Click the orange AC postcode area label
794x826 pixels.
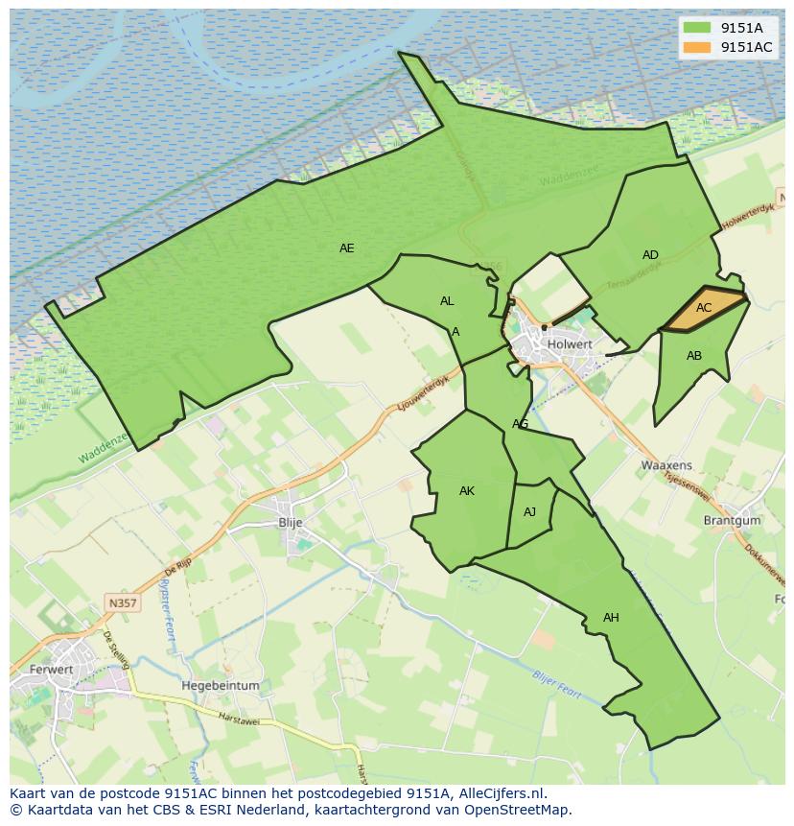(x=704, y=308)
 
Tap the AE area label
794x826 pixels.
(x=347, y=248)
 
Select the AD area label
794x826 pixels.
(x=650, y=255)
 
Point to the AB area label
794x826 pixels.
(x=694, y=356)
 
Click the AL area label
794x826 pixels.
(x=447, y=301)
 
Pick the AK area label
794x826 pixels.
(x=467, y=491)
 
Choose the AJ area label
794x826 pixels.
(x=529, y=512)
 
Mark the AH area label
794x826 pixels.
(x=611, y=618)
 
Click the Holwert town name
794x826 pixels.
(x=570, y=343)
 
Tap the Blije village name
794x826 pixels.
(x=290, y=522)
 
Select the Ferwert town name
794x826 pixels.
(x=52, y=669)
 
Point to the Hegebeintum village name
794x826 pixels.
(x=221, y=686)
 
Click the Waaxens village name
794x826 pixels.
(x=666, y=465)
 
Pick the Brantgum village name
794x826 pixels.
(x=732, y=520)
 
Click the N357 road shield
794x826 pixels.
(x=122, y=602)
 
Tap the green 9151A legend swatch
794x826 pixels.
(x=697, y=28)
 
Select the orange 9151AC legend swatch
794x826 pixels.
(x=697, y=47)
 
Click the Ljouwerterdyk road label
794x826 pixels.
(x=422, y=394)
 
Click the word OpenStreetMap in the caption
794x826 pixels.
(x=521, y=810)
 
